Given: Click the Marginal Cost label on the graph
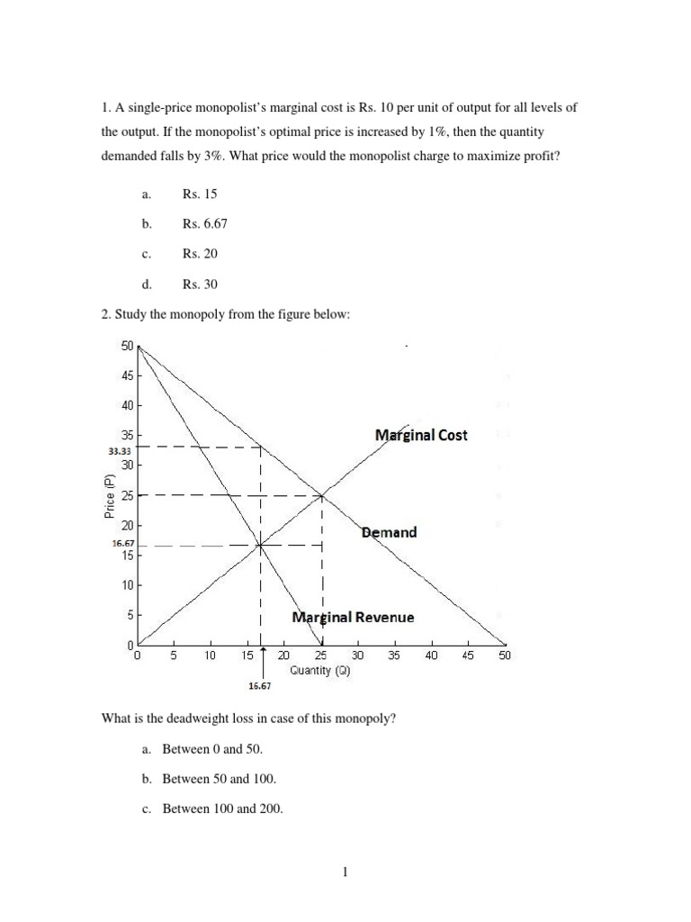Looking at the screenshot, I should point(421,435).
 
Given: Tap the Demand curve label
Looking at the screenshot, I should point(389,532).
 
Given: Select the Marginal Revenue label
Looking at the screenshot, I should point(354,618).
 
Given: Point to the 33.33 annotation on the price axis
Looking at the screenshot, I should point(121,450).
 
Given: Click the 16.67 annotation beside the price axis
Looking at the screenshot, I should point(122,544).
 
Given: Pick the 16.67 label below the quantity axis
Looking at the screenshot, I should point(259,685).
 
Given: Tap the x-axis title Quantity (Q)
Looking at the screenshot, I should point(319,671).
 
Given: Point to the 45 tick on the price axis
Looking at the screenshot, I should point(126,375).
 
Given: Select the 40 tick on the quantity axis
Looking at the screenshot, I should point(431,656).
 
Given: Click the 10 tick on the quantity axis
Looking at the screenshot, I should point(210,656).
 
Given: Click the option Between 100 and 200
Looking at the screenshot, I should point(222,809).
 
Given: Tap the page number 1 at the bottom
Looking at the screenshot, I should point(345,871).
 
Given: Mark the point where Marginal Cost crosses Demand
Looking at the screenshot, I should point(322,495).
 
